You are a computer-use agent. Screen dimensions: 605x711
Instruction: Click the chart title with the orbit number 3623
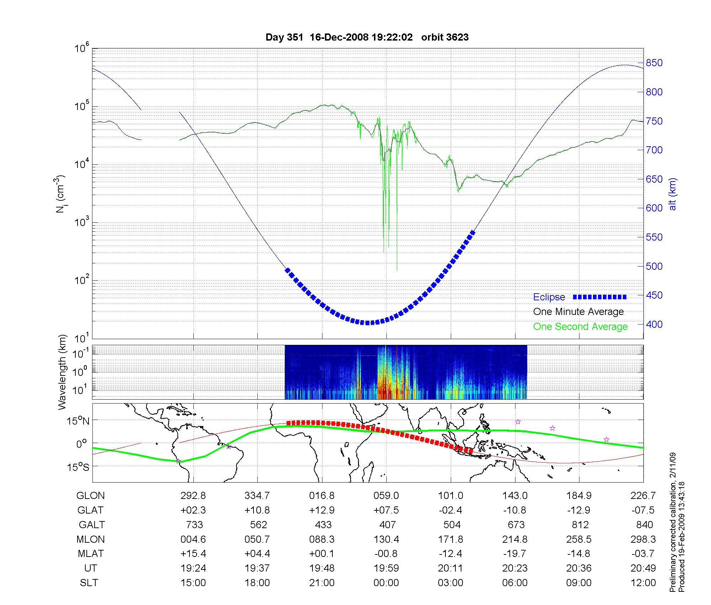click(x=367, y=37)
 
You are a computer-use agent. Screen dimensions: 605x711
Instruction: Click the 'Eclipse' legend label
click(x=549, y=297)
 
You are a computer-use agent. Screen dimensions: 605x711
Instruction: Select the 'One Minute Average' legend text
click(x=578, y=312)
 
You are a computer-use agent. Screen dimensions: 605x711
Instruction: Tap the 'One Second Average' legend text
click(x=580, y=327)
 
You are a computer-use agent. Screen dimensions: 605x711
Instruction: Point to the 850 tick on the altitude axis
click(x=654, y=63)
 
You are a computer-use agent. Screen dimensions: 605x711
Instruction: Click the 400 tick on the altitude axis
click(x=654, y=324)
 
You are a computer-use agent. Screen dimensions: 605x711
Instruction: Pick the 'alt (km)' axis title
click(x=673, y=194)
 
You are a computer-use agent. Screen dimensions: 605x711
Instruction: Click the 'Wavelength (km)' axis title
click(x=63, y=372)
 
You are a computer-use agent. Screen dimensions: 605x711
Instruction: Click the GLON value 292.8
click(x=193, y=495)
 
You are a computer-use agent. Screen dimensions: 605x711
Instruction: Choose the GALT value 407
click(x=387, y=525)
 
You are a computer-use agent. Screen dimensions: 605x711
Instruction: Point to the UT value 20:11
click(x=450, y=568)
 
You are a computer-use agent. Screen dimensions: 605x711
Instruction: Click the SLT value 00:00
click(x=386, y=583)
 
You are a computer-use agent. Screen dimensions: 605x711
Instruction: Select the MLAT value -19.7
click(x=514, y=554)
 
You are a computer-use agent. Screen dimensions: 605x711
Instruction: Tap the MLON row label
click(x=90, y=539)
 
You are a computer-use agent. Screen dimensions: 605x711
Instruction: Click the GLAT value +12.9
click(x=322, y=510)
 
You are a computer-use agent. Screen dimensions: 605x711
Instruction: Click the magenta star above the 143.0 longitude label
click(x=518, y=422)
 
